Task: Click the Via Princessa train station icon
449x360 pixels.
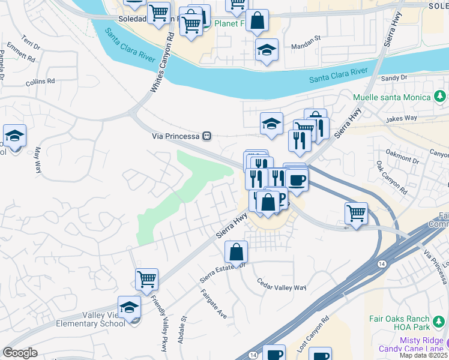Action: pos(206,136)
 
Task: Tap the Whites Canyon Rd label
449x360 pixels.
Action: pos(160,63)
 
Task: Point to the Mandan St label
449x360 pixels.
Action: pos(307,46)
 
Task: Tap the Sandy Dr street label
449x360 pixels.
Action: pos(394,78)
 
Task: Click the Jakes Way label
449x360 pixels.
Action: pos(402,118)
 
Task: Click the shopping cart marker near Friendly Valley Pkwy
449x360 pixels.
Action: pos(146,278)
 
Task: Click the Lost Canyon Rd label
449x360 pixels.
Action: pos(313,335)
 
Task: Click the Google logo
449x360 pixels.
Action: pos(20,353)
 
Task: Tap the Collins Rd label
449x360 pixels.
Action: pos(40,81)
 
